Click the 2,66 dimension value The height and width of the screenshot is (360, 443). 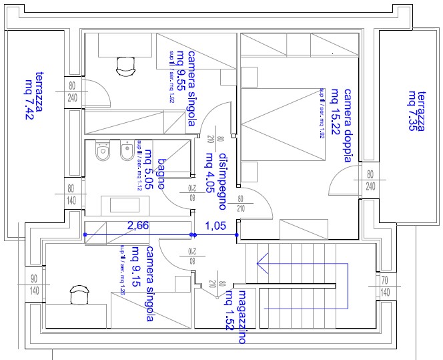click(138, 226)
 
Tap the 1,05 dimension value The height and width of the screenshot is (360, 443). click(214, 226)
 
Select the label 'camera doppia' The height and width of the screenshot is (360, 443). click(347, 125)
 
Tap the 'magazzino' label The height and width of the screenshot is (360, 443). click(243, 317)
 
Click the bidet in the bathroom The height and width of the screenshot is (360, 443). click(125, 153)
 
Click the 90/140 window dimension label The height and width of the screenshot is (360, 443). click(35, 285)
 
